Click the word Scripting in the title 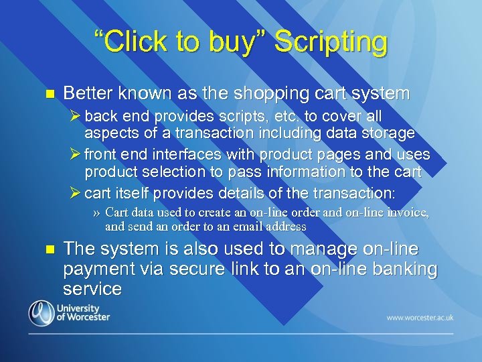coord(331,42)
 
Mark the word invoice coord(408,213)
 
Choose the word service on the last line coord(92,289)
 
